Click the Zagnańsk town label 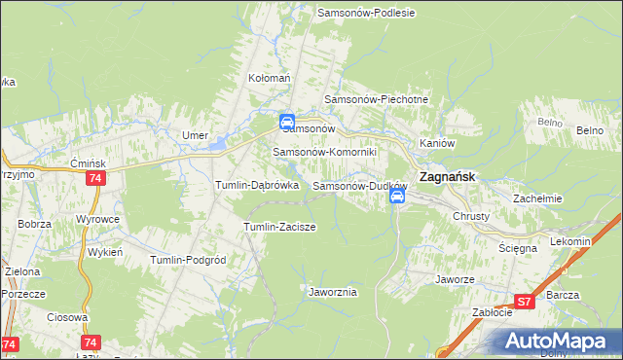tap(446, 178)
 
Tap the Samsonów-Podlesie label tap(367, 13)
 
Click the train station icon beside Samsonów tap(287, 123)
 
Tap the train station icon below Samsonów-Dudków tap(397, 197)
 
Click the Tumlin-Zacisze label tap(279, 227)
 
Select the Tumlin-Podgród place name tap(188, 260)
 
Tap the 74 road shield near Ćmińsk tap(95, 179)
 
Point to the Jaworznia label tap(333, 292)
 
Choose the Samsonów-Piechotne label tap(376, 99)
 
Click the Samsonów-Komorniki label tap(331, 152)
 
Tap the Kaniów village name tap(437, 143)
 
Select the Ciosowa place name tap(66, 317)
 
